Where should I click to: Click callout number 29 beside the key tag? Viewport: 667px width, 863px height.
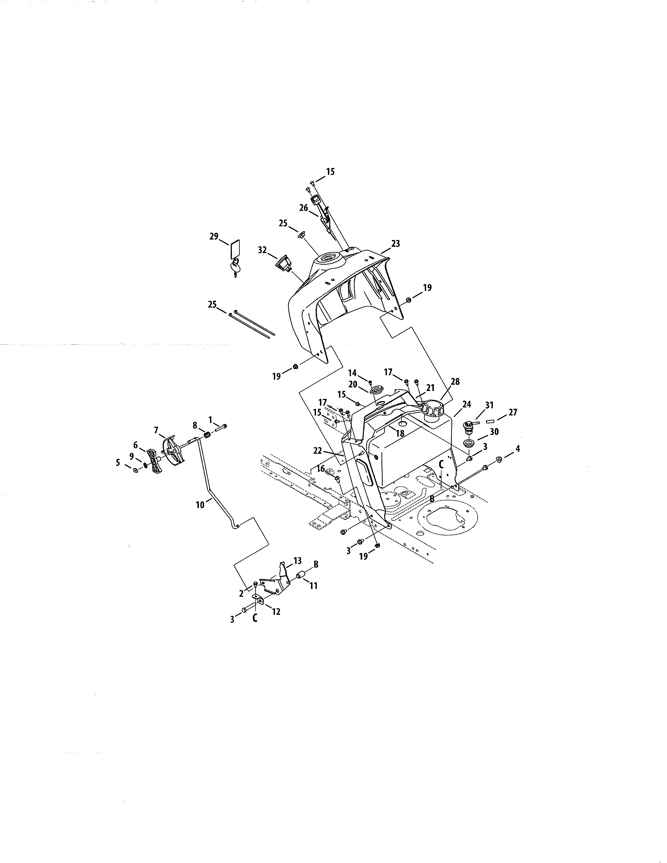pyautogui.click(x=214, y=237)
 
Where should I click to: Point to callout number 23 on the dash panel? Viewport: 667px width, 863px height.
pyautogui.click(x=395, y=244)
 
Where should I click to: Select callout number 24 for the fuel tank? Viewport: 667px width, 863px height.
pyautogui.click(x=467, y=405)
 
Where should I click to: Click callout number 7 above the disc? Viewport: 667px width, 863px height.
pyautogui.click(x=156, y=430)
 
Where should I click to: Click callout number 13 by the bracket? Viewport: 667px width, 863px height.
pyautogui.click(x=298, y=561)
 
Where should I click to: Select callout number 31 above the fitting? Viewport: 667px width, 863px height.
pyautogui.click(x=490, y=405)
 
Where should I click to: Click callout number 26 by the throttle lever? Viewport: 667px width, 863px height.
pyautogui.click(x=303, y=208)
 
